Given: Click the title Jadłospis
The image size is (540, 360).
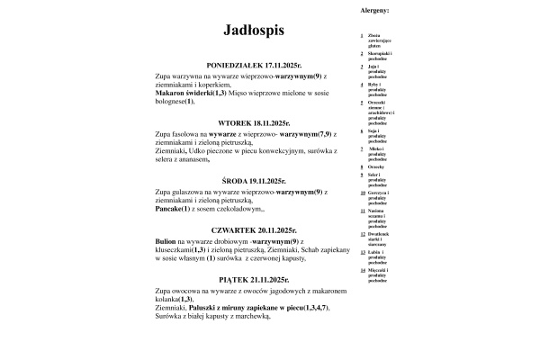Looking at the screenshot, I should (x=254, y=31).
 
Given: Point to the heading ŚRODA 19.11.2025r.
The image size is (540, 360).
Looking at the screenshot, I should (x=254, y=181).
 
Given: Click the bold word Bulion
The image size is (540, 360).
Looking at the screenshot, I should (x=166, y=242).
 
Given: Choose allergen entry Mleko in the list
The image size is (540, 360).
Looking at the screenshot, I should (x=375, y=147).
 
